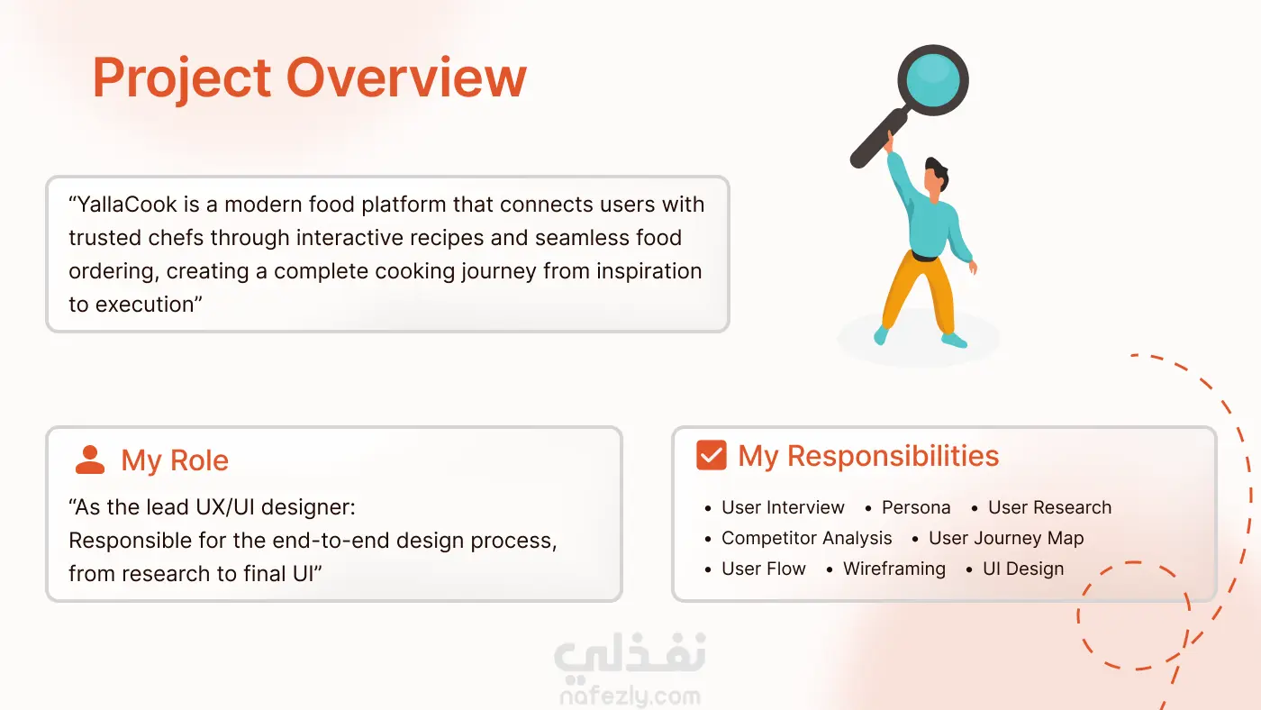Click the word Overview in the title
pos(406,77)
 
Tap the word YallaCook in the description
pos(127,205)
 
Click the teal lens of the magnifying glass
pos(933,80)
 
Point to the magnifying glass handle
pos(879,139)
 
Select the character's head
pos(936,177)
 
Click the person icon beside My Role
pos(90,460)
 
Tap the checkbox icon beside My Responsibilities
pos(711,455)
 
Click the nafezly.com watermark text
pos(630,696)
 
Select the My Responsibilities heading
pos(868,456)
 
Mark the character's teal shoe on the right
pos(955,340)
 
